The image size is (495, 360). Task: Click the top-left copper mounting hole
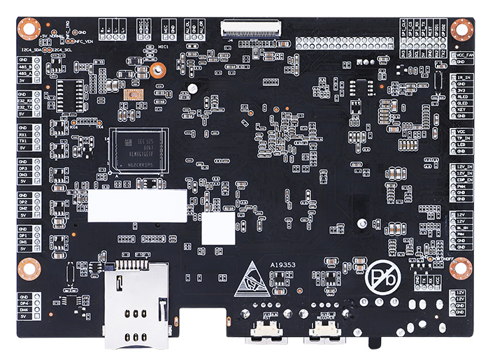(x=28, y=29)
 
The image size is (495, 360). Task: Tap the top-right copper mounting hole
(x=461, y=29)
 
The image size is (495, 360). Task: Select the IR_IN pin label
(x=462, y=77)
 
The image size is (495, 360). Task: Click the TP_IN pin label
(x=462, y=138)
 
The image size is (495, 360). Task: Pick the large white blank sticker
(x=137, y=201)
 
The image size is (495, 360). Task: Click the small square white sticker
(x=218, y=229)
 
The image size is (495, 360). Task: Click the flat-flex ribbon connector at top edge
(x=250, y=29)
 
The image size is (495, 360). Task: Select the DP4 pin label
(x=23, y=303)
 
